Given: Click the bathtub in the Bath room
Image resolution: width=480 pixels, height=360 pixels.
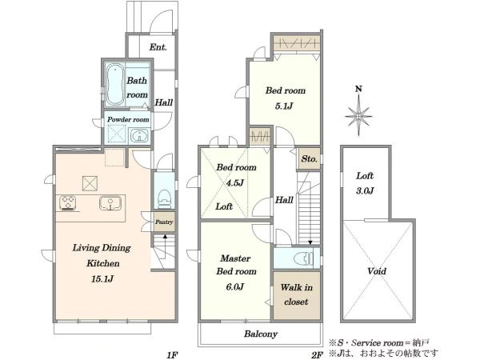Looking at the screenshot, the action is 115,85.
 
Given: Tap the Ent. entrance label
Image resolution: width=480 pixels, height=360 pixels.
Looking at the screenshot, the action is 158,47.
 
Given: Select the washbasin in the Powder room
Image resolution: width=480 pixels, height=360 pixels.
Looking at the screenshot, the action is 139,136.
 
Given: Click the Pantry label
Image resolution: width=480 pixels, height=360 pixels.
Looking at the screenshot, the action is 164,222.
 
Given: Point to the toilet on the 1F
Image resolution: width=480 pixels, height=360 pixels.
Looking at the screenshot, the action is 164,198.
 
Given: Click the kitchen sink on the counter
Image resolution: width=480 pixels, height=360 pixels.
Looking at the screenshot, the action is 110,203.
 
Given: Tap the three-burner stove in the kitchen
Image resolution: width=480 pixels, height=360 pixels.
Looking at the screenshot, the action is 68,203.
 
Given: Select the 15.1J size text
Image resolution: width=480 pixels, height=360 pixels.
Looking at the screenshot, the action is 102,279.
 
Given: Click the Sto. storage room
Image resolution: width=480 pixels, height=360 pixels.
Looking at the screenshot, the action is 309,159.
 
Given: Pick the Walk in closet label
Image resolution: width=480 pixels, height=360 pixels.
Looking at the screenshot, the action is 296,294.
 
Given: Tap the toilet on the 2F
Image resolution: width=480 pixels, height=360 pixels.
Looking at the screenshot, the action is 304,258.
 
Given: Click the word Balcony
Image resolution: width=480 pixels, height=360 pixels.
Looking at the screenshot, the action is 261,334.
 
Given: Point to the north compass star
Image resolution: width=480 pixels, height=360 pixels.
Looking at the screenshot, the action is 358,116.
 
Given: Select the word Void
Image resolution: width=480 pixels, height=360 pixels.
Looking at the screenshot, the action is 377,271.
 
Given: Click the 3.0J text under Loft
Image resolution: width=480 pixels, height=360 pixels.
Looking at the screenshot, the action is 365,191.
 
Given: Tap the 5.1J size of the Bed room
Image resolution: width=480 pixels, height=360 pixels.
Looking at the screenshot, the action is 284,106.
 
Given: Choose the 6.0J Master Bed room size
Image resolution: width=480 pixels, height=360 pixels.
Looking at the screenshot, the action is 235,287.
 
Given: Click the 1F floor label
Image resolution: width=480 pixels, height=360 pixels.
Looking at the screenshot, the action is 172,355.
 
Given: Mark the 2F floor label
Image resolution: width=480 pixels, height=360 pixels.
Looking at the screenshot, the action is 317,355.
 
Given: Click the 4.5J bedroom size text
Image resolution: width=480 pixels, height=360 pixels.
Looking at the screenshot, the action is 235,183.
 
